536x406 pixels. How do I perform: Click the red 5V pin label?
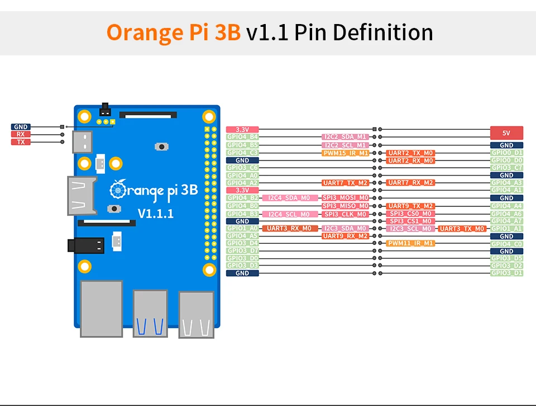506,133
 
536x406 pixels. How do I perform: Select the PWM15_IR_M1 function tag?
345,153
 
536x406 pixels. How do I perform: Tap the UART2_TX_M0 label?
410,153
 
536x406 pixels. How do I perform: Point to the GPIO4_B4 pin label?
242,137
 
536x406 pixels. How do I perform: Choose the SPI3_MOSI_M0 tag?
345,198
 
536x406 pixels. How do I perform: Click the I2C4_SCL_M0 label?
285,214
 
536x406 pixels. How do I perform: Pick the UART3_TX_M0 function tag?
462,229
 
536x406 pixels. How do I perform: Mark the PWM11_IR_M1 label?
410,243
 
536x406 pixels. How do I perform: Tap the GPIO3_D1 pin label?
506,273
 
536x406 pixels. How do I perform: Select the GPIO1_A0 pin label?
242,228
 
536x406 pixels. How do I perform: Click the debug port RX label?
20,134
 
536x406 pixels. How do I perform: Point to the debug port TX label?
20,142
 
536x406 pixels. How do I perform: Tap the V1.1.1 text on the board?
156,213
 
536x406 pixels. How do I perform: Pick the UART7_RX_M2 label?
410,183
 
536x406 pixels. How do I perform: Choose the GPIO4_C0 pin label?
506,244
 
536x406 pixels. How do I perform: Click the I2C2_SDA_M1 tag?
345,137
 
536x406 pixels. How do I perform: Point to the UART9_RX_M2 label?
345,236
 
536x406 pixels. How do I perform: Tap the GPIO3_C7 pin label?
506,168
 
